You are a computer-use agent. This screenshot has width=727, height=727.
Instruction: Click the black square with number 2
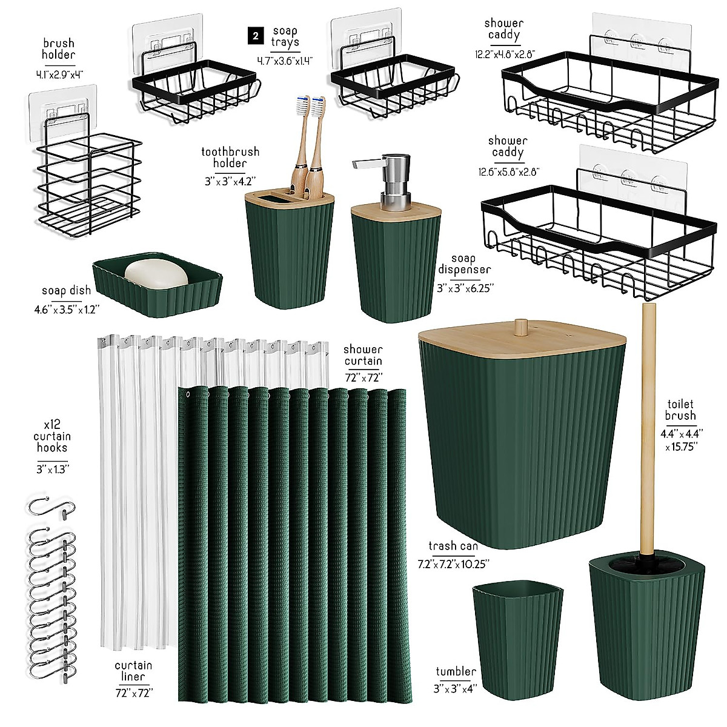[x=256, y=36]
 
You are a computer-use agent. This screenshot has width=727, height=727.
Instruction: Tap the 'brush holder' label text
[x=59, y=49]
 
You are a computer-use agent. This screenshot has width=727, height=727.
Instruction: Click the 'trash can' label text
[x=453, y=546]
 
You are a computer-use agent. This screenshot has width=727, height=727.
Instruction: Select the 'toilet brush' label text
[x=680, y=410]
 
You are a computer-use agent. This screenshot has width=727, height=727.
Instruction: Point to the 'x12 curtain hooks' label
[x=52, y=436]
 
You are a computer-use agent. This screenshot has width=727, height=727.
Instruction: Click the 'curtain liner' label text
[x=133, y=671]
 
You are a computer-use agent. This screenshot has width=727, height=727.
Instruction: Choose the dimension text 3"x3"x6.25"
[x=465, y=289]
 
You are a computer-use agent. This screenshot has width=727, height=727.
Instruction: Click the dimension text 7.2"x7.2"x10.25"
[x=453, y=563]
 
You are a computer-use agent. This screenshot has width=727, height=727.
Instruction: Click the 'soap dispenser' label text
[x=464, y=264]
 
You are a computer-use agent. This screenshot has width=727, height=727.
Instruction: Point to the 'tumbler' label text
[x=456, y=671]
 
